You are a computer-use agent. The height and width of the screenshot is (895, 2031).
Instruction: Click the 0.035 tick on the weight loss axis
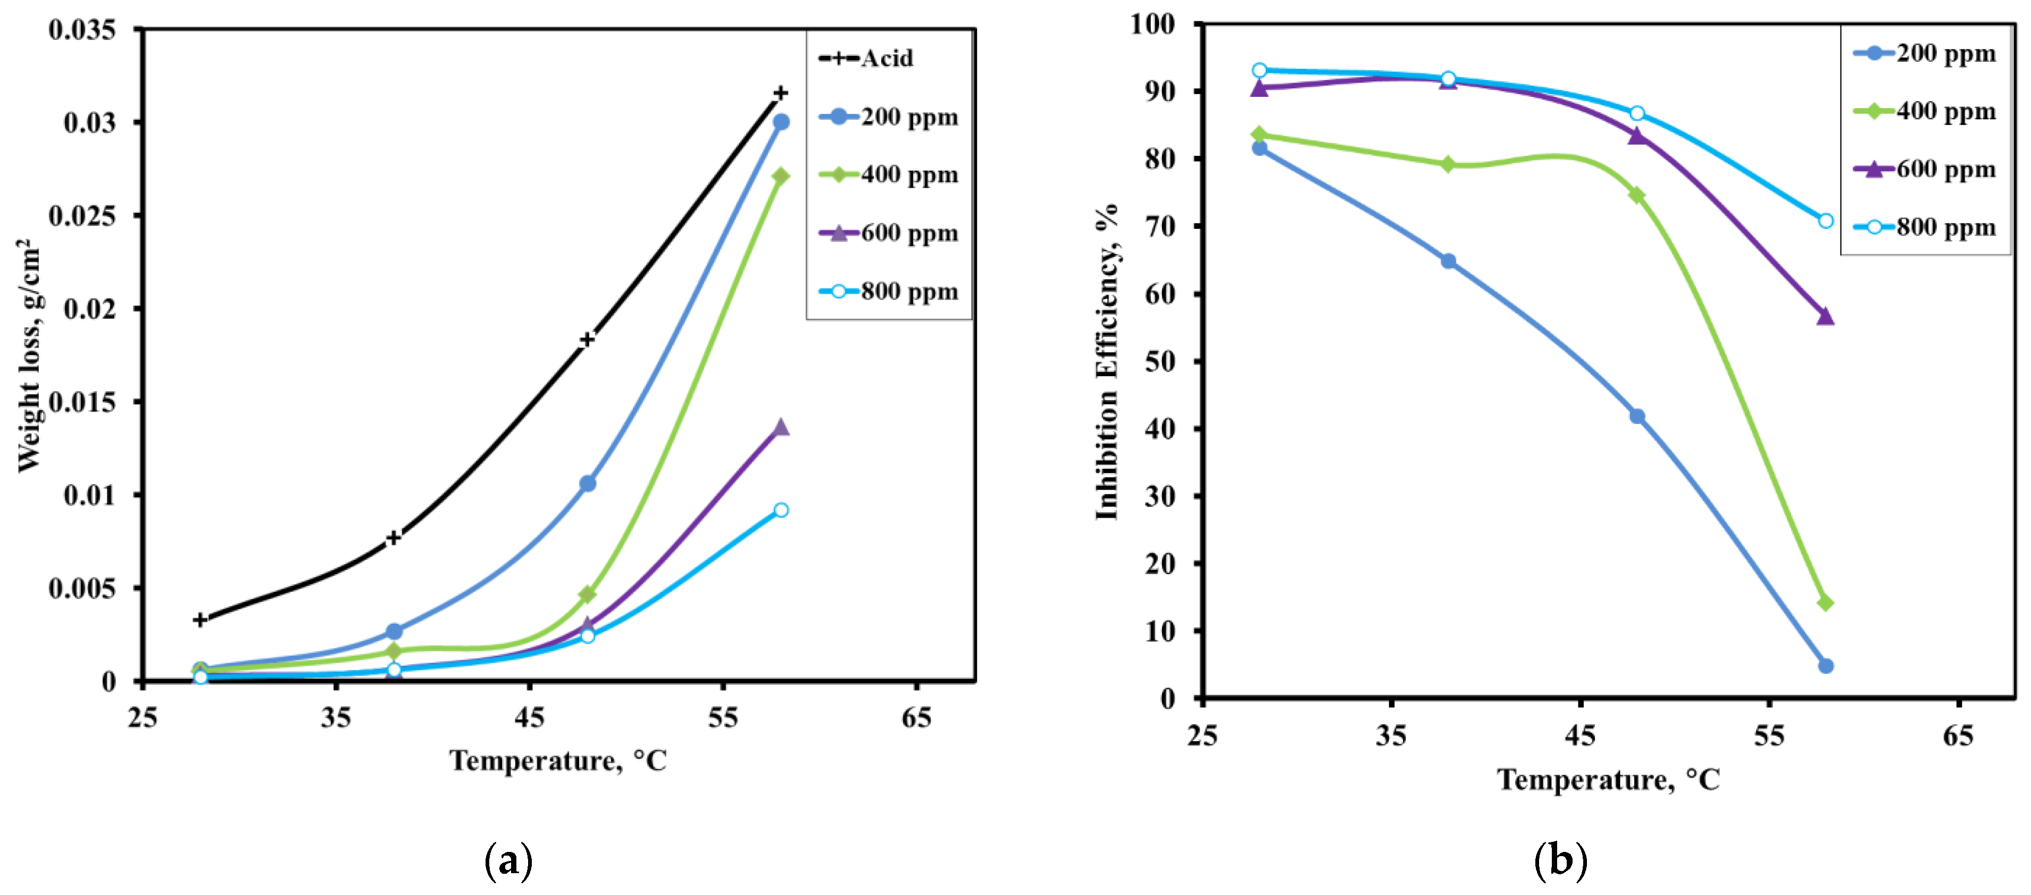(x=82, y=30)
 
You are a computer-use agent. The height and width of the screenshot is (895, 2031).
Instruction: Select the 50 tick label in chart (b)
(x=1160, y=361)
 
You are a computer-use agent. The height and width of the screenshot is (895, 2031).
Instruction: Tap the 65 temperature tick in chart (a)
(x=916, y=718)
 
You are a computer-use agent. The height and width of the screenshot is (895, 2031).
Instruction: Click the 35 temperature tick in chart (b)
(x=1391, y=736)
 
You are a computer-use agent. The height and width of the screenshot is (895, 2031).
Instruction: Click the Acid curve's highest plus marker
(x=781, y=93)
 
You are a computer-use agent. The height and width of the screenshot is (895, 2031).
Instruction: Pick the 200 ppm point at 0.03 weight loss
(x=781, y=122)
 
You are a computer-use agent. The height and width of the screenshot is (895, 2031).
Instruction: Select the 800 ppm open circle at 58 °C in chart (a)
(x=781, y=510)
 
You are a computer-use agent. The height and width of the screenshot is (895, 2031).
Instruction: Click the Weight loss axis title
(x=28, y=355)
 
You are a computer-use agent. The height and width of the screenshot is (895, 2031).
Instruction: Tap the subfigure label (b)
(x=1560, y=861)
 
